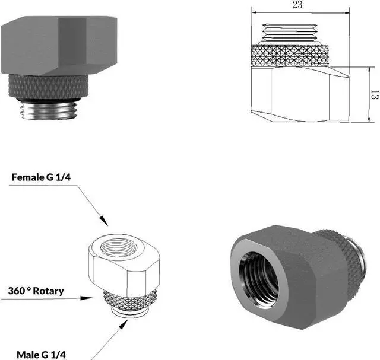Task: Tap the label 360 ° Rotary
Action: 36,291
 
